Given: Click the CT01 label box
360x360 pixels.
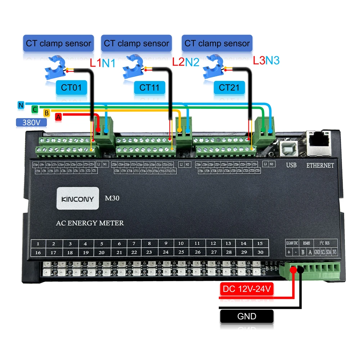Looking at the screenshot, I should pos(71,87).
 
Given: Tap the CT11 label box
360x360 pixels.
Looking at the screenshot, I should pos(150,87).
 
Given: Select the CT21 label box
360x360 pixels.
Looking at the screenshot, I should pos(229,87).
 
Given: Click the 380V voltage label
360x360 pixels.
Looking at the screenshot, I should pos(32,122).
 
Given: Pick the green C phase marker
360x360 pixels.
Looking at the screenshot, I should pos(35,109).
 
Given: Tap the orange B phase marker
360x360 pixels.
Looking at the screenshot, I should pos(46,113).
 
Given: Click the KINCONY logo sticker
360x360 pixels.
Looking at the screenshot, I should pos(78,198).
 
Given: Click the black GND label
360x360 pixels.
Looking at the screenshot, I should pos(247,316).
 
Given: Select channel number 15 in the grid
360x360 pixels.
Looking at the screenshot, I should pos(260,243).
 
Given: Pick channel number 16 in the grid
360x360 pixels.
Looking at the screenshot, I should pos(38,252).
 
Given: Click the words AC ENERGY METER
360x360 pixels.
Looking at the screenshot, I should pos(90,223).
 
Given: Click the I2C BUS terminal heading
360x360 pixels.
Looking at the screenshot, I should pos(327,243).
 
